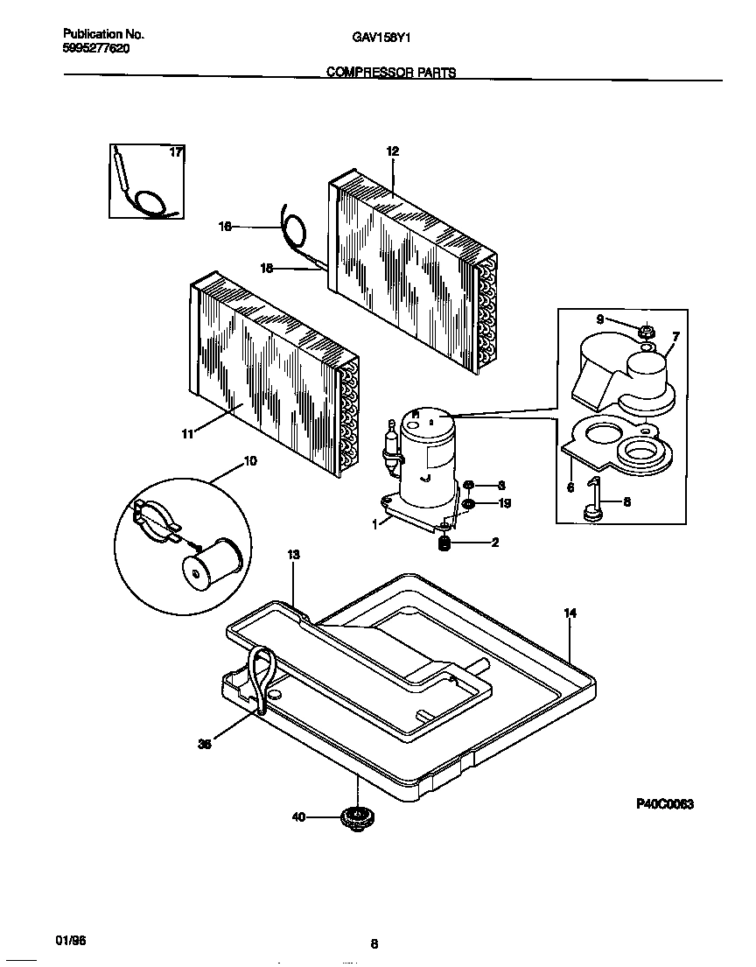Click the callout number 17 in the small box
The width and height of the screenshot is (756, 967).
176,152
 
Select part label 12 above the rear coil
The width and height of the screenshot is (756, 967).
392,151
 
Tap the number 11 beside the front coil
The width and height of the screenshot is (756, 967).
187,432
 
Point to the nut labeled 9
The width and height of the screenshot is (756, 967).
647,331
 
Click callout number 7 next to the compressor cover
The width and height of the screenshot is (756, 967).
675,336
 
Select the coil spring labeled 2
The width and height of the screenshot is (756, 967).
444,543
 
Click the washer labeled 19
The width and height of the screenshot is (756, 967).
470,504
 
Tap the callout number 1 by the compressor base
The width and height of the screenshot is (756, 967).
375,524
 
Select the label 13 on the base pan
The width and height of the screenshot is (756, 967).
293,555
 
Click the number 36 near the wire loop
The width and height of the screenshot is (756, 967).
205,745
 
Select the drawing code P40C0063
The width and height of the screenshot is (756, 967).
664,804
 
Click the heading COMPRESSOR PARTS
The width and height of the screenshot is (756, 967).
391,74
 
